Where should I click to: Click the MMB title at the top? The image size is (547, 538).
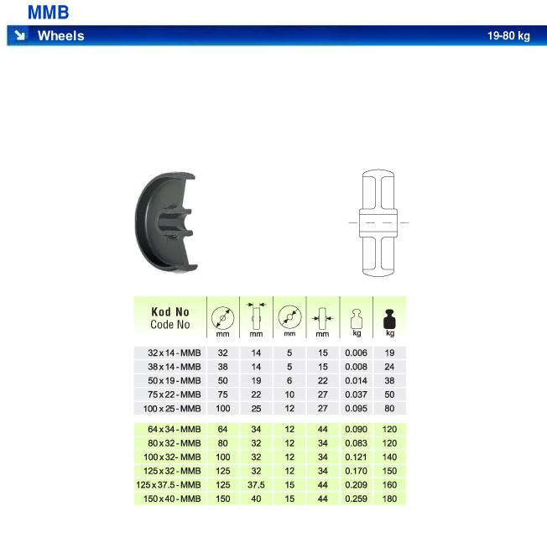(48, 13)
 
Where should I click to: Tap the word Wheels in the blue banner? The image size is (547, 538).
(61, 35)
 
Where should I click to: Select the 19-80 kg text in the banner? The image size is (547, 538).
(508, 35)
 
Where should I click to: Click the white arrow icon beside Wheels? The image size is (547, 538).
(19, 35)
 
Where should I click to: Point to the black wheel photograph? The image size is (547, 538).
(165, 222)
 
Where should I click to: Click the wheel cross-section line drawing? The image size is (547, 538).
(378, 223)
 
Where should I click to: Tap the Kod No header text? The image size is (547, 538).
(170, 311)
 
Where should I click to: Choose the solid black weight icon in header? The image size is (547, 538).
(389, 319)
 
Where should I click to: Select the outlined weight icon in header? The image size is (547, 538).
(357, 319)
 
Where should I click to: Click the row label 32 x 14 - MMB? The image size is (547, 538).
(174, 353)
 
